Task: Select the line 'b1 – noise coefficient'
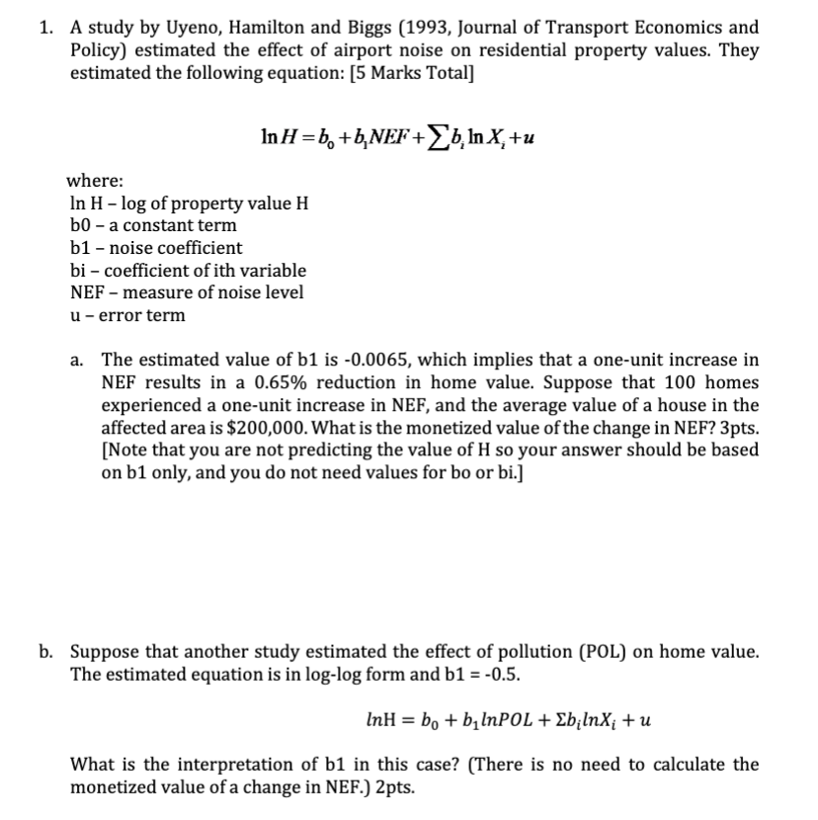pyautogui.click(x=156, y=248)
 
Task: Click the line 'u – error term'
pyautogui.click(x=127, y=315)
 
